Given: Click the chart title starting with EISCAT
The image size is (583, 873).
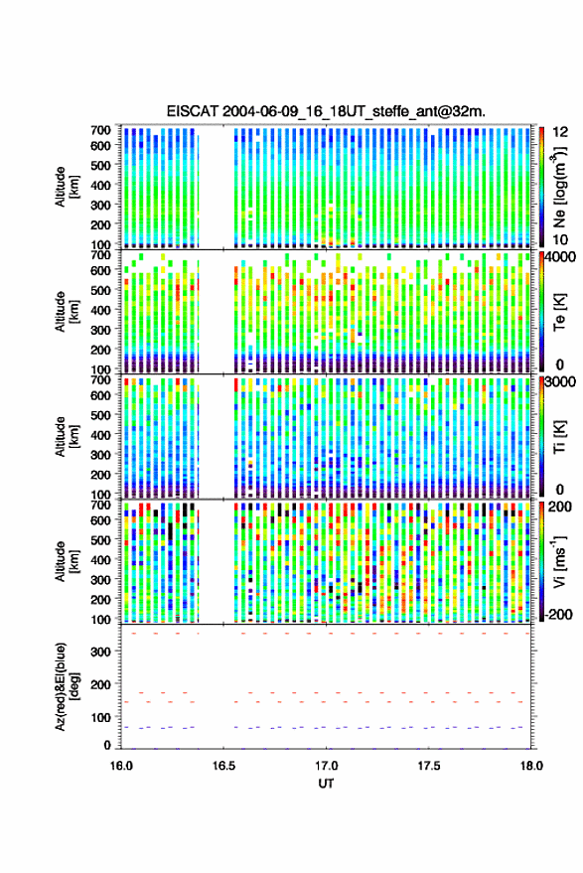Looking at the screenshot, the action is point(326,111).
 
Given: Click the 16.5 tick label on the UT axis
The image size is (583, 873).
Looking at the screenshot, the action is point(223,766).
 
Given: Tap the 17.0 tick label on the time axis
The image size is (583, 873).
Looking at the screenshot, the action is point(327,766).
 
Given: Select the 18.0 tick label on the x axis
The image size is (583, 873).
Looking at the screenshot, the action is point(531,766).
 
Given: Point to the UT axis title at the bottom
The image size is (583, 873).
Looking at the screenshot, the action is point(327,784).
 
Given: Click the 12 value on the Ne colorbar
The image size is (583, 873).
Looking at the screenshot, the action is point(560,132).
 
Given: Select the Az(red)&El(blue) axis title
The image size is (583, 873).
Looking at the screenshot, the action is point(67,686).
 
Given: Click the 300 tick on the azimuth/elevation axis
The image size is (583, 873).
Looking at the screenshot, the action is point(101,652).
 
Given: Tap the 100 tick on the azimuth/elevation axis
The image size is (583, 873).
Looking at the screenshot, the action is point(101,717).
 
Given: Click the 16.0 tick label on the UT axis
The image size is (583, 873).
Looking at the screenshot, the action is point(121,766).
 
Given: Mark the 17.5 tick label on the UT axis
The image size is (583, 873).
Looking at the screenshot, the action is point(429,766).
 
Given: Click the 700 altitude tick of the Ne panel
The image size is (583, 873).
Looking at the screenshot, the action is point(100,130).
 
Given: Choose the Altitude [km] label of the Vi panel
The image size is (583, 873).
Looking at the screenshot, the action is point(67,561).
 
